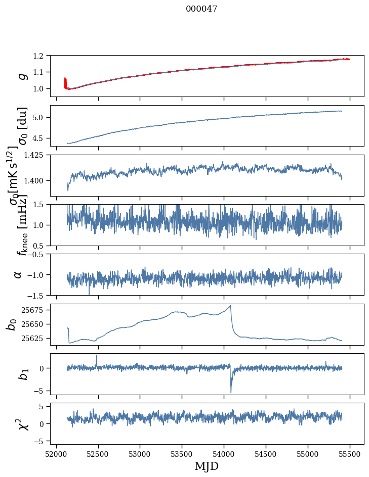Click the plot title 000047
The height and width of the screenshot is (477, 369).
click(201, 9)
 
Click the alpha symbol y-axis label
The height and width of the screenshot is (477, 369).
click(18, 274)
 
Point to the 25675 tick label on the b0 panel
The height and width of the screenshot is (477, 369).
click(35, 310)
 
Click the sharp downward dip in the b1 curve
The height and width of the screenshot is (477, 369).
click(231, 392)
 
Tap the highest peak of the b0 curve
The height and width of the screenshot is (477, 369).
click(230, 306)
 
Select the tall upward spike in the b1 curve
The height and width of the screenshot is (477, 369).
click(97, 356)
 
